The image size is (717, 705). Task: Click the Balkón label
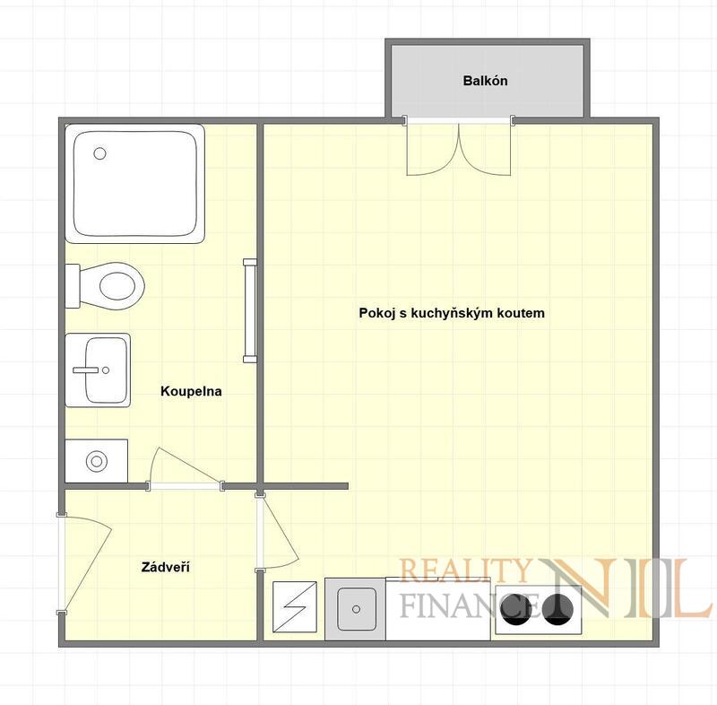(x=485, y=81)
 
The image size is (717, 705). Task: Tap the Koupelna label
(x=191, y=391)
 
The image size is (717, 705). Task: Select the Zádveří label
(x=166, y=567)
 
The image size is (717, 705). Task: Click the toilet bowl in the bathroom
(x=112, y=286)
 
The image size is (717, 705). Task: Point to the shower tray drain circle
(x=99, y=153)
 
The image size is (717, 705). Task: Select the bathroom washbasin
(x=98, y=370)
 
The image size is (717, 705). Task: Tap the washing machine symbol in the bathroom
(x=97, y=461)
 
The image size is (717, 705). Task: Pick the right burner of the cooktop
(x=558, y=609)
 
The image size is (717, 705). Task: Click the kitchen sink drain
(x=356, y=609)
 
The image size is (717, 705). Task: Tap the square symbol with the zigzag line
(x=295, y=606)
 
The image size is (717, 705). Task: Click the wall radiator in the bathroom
(x=250, y=310)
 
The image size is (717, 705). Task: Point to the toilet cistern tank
(x=73, y=286)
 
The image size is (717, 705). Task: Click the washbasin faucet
(x=87, y=370)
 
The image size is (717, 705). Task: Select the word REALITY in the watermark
(x=464, y=570)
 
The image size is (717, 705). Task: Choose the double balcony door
(x=459, y=146)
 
